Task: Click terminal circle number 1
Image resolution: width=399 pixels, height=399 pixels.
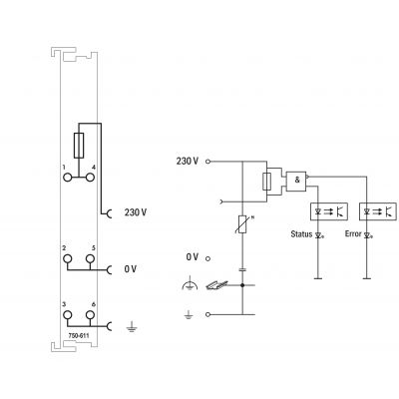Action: [68, 178]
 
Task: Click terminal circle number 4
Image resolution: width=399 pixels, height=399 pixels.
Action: [90, 178]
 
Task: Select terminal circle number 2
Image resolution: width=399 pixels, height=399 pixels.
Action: [68, 258]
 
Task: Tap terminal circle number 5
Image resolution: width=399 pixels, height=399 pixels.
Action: [90, 258]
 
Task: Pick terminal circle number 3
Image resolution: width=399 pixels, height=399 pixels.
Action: [68, 315]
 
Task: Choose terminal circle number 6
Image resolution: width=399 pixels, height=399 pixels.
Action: [90, 315]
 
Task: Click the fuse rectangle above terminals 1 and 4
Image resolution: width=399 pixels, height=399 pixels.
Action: [79, 146]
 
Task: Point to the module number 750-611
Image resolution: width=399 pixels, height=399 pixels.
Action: [79, 336]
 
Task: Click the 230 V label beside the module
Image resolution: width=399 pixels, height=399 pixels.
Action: [136, 212]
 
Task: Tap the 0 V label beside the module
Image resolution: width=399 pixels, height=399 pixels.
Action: [131, 269]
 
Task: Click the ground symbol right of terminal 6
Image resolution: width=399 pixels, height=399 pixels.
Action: [132, 327]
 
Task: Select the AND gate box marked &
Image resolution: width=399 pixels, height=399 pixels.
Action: [296, 182]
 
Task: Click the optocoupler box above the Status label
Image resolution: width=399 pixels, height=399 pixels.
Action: [329, 211]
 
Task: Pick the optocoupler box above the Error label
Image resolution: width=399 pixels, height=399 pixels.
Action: [378, 211]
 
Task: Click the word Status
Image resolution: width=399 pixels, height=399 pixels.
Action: [301, 234]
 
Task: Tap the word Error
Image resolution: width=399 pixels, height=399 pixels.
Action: [353, 233]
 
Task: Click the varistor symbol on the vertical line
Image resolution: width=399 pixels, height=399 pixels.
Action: [243, 223]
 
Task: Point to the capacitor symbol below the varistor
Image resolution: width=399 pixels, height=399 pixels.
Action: [242, 269]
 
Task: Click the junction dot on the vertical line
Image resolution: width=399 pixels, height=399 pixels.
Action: [242, 285]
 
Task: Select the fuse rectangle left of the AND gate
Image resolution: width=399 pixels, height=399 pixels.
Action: [266, 182]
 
